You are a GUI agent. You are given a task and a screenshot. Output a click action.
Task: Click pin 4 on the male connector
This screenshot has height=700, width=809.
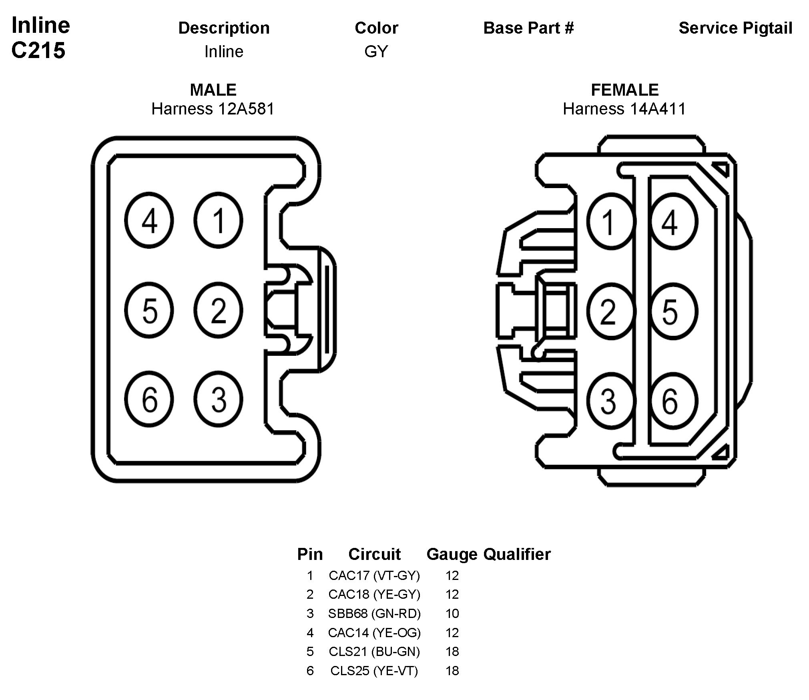click(x=149, y=221)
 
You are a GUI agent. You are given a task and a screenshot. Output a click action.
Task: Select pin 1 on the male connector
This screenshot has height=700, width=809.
click(x=218, y=221)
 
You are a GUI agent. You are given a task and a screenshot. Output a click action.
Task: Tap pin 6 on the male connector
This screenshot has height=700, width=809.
click(x=149, y=399)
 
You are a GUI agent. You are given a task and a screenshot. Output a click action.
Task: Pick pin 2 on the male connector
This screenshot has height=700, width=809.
click(x=218, y=310)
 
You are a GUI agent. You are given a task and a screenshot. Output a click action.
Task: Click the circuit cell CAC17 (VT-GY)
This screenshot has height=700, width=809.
click(x=374, y=576)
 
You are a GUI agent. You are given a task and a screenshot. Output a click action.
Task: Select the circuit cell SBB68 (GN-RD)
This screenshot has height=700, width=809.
click(x=374, y=614)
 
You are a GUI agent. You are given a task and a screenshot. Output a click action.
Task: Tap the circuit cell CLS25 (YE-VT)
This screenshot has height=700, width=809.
click(x=374, y=671)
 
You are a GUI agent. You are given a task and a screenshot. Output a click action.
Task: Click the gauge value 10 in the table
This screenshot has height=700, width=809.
click(x=452, y=614)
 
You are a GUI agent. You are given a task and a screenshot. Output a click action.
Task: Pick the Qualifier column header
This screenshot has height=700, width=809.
click(x=517, y=554)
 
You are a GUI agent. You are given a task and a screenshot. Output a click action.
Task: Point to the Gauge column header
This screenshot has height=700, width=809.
click(x=452, y=554)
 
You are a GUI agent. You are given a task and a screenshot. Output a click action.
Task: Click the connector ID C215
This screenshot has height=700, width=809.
click(x=38, y=51)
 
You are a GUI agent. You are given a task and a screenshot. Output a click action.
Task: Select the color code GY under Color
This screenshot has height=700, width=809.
click(x=376, y=52)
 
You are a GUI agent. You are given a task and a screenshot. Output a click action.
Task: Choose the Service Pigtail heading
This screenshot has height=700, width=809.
click(x=735, y=28)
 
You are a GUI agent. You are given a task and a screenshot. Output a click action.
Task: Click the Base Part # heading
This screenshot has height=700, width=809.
click(x=528, y=28)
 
